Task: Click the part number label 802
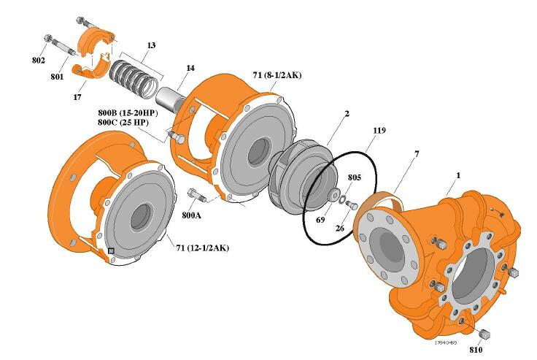pos(39,60)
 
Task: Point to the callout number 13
pos(150,45)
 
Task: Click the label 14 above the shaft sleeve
pos(190,68)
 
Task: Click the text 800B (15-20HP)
pos(128,113)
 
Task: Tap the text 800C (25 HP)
pos(128,123)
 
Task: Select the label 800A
pos(192,216)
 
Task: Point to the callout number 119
pos(378,132)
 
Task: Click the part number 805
pos(354,177)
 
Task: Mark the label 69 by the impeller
pos(320,219)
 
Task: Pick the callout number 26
pos(339,228)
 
